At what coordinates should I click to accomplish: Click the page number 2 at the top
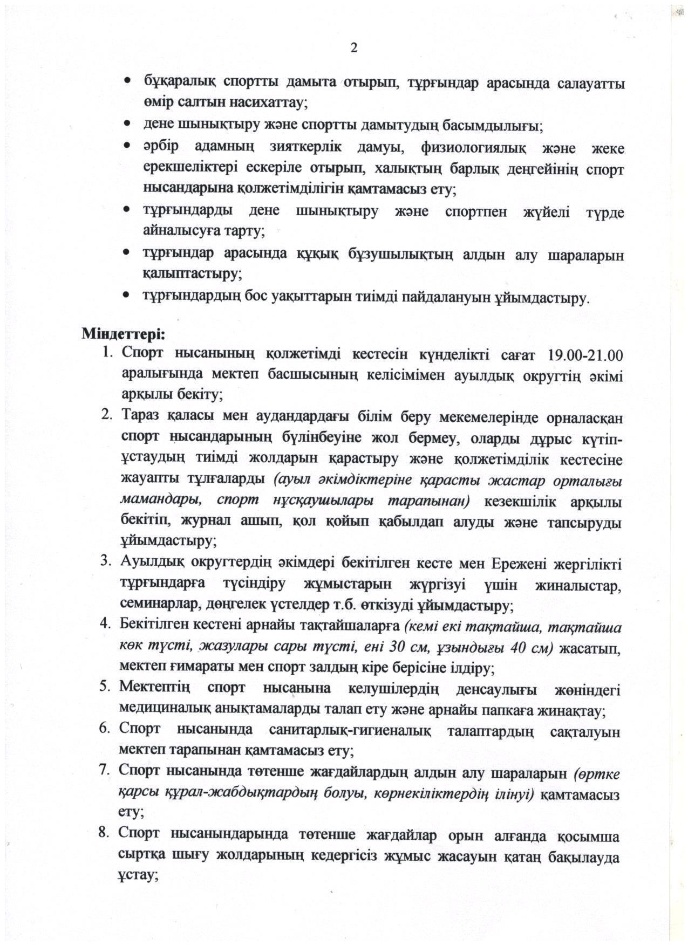354,48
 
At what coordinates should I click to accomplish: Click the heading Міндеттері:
123,334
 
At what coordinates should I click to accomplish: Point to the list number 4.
106,623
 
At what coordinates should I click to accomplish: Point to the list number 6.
105,729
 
